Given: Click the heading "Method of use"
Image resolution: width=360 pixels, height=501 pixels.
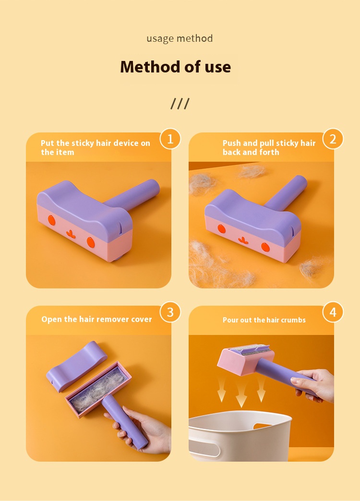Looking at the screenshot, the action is pos(176,67).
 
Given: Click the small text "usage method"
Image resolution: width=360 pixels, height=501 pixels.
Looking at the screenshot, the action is pos(180,39).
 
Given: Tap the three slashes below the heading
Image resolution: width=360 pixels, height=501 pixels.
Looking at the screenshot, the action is pos(180,104).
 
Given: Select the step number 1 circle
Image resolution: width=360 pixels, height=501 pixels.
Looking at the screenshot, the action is pos(170,139).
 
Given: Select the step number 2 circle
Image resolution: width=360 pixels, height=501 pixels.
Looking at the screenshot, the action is pos(333,139).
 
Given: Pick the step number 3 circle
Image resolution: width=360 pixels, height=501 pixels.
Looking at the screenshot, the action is pos(170,312).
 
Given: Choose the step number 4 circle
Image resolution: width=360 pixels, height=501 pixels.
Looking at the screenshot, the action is pos(333,312).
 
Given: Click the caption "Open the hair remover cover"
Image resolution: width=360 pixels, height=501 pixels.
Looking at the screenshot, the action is pos(96,319).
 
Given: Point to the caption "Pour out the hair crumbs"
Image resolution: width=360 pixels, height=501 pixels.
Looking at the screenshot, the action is pos(264,320).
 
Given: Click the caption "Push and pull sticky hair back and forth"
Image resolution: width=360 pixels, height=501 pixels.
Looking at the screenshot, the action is pos(269,147).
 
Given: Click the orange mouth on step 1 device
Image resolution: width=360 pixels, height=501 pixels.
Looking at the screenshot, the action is pos(72,234).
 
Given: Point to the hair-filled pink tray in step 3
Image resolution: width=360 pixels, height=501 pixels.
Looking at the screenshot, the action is pos(98,389).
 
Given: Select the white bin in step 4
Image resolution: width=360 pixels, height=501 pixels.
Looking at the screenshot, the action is pos(240,436).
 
